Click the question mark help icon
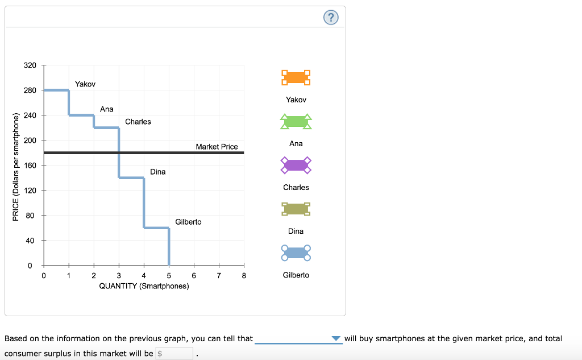click(x=331, y=18)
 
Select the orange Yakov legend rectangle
click(x=296, y=77)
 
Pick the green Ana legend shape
click(x=296, y=121)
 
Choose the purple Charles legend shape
click(x=296, y=165)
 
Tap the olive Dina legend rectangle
click(x=296, y=209)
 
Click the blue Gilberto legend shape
click(x=296, y=253)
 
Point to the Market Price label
click(x=217, y=147)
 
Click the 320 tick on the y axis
click(x=30, y=65)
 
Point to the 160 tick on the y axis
click(x=30, y=165)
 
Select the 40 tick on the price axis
click(x=30, y=241)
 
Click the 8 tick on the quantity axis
click(x=244, y=276)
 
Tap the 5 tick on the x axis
click(x=169, y=276)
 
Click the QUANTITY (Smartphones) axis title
click(x=144, y=286)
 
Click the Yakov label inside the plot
click(x=85, y=84)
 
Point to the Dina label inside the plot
click(x=158, y=172)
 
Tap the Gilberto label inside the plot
click(x=188, y=222)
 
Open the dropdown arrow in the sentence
click(x=336, y=339)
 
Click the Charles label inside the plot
click(x=138, y=122)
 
